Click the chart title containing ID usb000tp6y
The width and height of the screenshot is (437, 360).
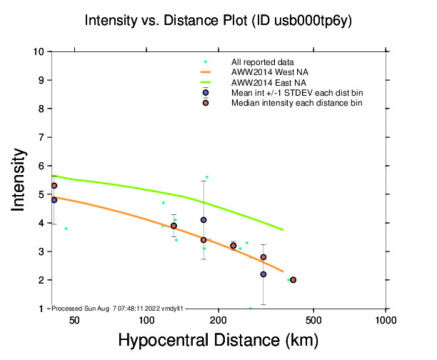pyautogui.click(x=218, y=21)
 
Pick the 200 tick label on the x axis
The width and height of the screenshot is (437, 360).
pyautogui.click(x=218, y=319)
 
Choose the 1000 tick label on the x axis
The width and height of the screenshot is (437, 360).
pyautogui.click(x=386, y=319)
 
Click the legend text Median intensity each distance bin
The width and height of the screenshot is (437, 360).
pyautogui.click(x=296, y=103)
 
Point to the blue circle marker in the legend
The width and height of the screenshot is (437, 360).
pyautogui.click(x=206, y=93)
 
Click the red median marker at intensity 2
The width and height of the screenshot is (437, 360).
pyautogui.click(x=293, y=280)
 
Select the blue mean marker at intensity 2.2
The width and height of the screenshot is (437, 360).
pyautogui.click(x=263, y=274)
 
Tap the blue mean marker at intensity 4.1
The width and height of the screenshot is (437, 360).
pyautogui.click(x=204, y=220)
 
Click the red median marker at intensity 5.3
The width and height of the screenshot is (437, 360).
pyautogui.click(x=54, y=186)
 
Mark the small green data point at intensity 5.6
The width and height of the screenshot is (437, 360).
pyautogui.click(x=207, y=177)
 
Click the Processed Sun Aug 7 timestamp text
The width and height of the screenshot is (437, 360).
pyautogui.click(x=119, y=308)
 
